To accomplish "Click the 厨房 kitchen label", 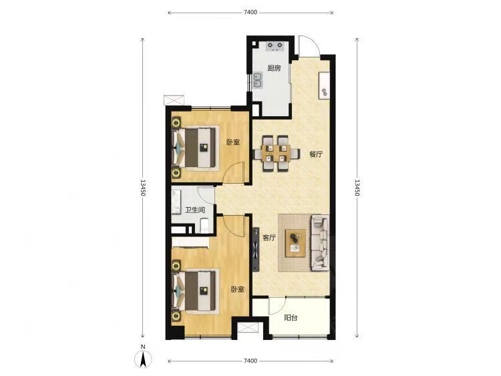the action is point(274,68).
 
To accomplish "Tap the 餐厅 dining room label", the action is point(316,154).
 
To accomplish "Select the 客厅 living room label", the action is point(269,238).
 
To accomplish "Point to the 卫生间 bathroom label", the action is point(195,210).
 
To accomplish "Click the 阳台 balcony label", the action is point(291,318).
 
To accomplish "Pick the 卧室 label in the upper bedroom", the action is point(233,142).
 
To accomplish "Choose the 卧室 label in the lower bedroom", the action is point(237,289).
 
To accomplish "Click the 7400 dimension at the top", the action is point(251,13).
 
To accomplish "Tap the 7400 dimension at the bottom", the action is point(251,361).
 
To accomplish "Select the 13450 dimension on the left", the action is point(143,188).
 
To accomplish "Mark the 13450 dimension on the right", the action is point(357,188).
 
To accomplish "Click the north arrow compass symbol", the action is point(143,359).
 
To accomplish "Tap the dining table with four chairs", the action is point(277,154).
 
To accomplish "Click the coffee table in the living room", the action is point(295,243).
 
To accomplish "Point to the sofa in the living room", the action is point(320,242).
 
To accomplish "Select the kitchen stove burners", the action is point(275,47).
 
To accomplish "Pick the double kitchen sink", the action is point(257,80).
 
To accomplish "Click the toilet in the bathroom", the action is point(204,225).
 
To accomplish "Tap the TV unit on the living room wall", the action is point(256,250).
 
